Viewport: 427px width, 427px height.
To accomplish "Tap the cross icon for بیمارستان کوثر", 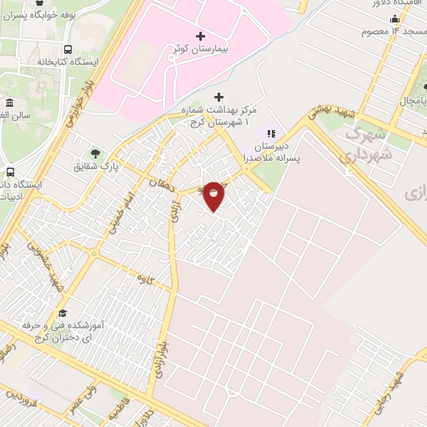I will (x=199, y=36).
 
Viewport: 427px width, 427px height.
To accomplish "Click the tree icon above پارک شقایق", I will (x=95, y=153).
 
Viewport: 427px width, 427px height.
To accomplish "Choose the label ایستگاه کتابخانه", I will (x=68, y=63).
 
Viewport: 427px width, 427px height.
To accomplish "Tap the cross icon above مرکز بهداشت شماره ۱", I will (x=219, y=97).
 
